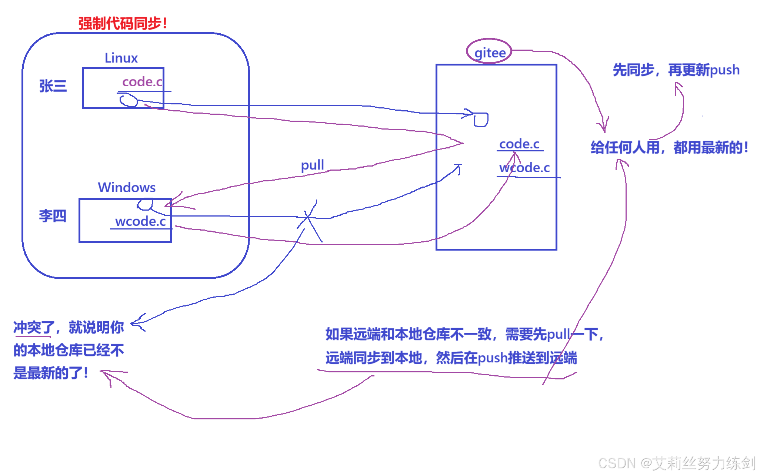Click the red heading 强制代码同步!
(123, 23)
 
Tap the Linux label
(121, 58)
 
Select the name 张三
(53, 86)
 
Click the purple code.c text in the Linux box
(142, 82)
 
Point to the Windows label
(127, 187)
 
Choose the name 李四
(53, 215)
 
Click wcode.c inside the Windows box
(140, 221)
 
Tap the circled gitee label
(490, 52)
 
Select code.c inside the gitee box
(519, 144)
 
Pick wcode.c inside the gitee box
(524, 168)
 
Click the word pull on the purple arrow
(312, 165)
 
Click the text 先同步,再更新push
(676, 70)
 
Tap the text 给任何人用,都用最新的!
(669, 147)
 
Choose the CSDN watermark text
(676, 463)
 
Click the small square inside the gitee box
(481, 120)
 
